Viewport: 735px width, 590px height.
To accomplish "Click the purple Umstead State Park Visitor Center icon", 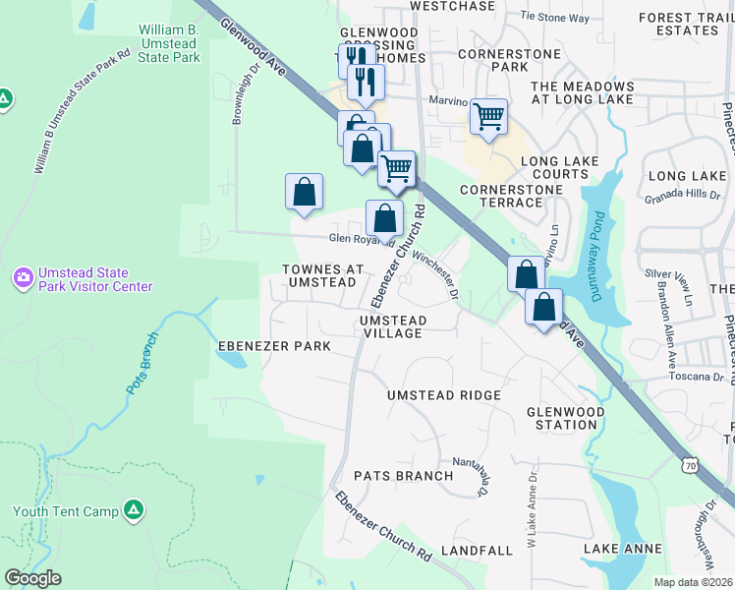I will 24,278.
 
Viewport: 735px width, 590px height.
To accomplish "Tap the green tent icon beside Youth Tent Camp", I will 135,510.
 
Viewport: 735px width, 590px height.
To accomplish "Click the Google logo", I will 32,578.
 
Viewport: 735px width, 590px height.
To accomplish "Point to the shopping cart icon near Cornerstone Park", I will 488,116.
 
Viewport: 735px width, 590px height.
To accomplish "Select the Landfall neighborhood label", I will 477,551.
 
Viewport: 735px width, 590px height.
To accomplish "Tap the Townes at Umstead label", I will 322,275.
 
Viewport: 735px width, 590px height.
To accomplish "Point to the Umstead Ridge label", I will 444,395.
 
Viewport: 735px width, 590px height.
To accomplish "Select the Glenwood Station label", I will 563,418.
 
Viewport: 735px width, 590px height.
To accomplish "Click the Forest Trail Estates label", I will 679,24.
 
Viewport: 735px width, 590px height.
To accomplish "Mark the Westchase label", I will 452,6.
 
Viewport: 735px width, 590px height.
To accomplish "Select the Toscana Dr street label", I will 701,376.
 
